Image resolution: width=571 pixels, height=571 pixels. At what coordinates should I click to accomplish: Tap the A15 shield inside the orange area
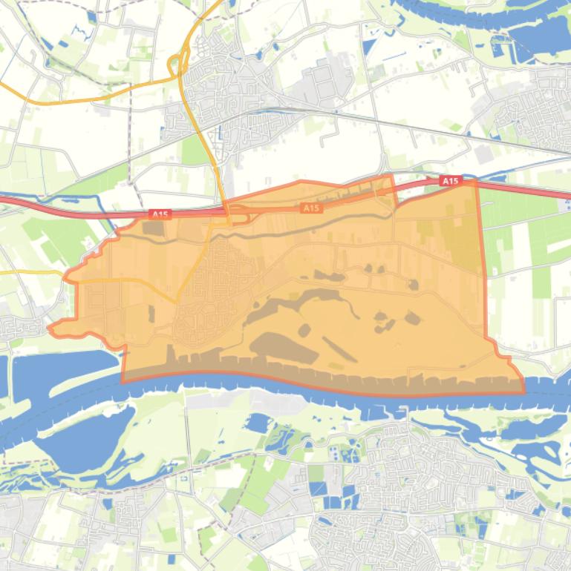(x=312, y=208)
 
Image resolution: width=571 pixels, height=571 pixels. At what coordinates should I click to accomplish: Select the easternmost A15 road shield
(x=450, y=181)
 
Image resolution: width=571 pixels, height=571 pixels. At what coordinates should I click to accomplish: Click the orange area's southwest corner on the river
(x=123, y=382)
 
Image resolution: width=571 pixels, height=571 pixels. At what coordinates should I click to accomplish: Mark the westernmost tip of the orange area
(x=49, y=327)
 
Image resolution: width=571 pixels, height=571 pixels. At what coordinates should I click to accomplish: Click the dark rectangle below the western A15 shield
(x=154, y=229)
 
